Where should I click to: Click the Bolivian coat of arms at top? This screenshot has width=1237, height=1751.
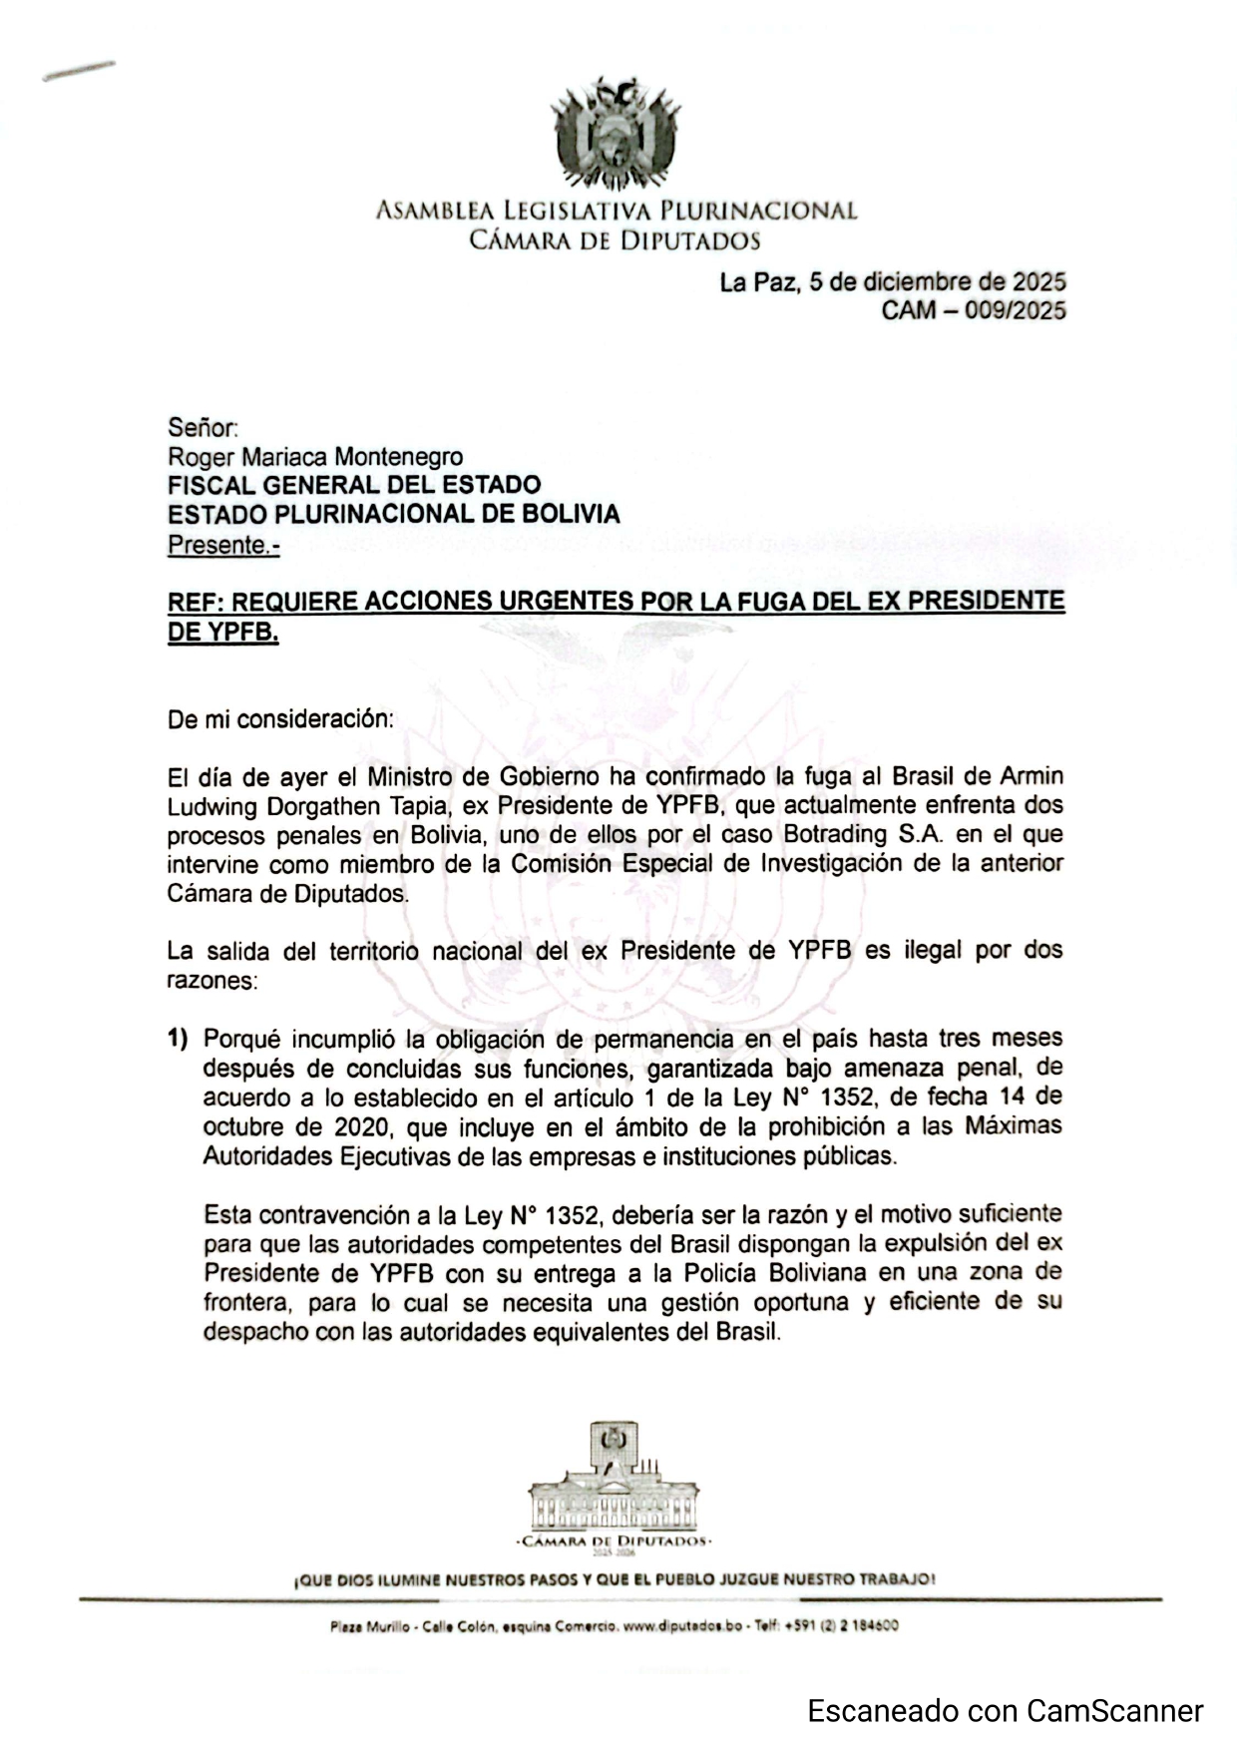tap(616, 135)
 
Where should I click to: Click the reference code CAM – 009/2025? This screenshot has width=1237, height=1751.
tap(973, 310)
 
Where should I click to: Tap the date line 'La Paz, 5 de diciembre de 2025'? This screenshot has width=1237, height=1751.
tap(893, 282)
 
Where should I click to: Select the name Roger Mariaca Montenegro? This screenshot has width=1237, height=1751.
tap(315, 457)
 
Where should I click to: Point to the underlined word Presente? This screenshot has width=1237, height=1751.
tap(223, 546)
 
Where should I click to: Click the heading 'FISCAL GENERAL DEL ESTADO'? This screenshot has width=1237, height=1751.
tap(354, 486)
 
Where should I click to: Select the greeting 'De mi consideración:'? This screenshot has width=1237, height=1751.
tap(280, 719)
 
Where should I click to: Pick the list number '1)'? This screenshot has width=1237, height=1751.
tap(178, 1039)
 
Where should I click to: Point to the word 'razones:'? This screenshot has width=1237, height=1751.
tap(212, 980)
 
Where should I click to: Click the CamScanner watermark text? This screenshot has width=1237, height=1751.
tap(1005, 1712)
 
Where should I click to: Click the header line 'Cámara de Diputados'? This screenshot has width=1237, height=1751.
tap(616, 240)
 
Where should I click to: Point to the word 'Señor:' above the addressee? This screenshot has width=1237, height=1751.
tap(203, 428)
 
